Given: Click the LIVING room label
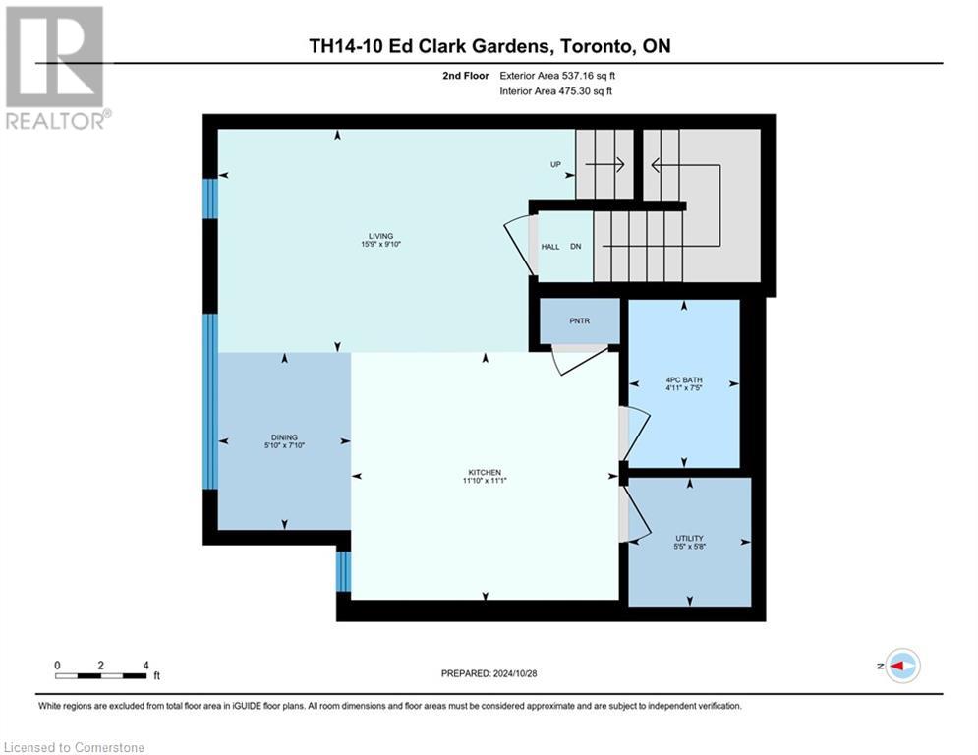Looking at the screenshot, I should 380,236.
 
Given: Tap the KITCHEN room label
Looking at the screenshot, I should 484,472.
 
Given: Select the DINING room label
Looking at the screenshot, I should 284,437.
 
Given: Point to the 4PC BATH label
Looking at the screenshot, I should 684,378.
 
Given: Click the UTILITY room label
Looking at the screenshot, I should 689,538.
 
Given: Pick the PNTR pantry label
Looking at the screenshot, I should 580,320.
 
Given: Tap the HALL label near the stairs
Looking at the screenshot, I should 550,247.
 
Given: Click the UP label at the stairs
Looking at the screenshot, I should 555,165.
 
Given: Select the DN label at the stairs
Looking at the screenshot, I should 576,247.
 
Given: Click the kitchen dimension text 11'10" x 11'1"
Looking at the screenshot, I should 484,482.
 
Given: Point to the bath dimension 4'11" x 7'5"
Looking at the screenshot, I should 684,388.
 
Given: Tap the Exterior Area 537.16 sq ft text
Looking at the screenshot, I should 557,75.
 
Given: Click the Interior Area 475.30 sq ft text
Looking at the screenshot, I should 557,91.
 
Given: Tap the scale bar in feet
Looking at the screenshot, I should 101,674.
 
